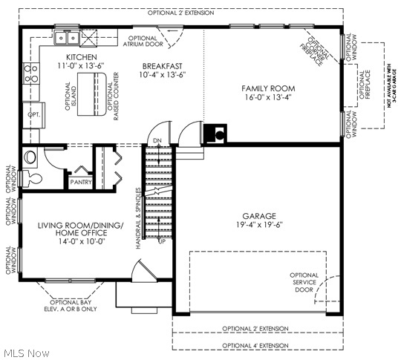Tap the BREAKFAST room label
[163, 65]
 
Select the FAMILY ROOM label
[267, 88]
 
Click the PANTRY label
[79, 182]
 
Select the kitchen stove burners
[32, 73]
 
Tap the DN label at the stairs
[157, 141]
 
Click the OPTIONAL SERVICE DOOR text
[304, 283]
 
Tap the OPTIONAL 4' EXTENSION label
[255, 345]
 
